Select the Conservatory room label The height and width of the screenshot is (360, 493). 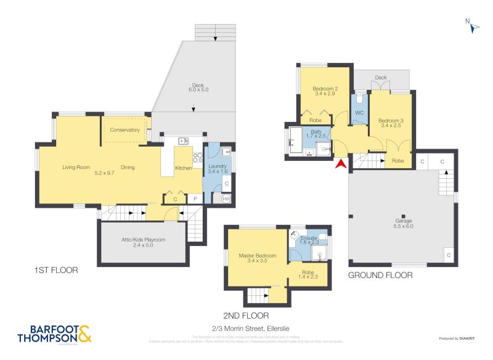click(125, 130)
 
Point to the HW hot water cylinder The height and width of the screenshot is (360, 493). click(226, 198)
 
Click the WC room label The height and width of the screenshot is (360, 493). click(359, 113)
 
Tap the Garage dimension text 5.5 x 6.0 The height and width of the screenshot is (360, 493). click(404, 227)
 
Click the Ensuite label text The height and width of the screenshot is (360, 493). click(308, 237)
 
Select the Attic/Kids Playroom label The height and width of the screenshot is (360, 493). click(144, 240)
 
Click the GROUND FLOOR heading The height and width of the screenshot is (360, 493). click(380, 275)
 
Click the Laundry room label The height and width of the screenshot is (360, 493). click(218, 166)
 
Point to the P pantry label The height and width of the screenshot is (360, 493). click(195, 198)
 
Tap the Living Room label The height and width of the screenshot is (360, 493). click(76, 167)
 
